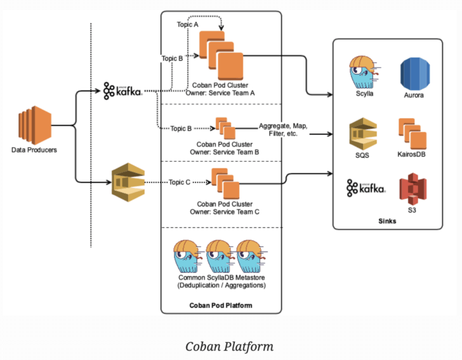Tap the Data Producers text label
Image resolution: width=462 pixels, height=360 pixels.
[x=34, y=150]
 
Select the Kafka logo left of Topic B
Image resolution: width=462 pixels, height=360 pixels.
[x=123, y=90]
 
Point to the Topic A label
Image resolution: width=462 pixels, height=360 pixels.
[x=187, y=24]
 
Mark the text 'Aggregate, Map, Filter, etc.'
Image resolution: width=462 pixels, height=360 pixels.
[x=283, y=129]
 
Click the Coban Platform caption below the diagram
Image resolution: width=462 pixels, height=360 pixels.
[x=229, y=346]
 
